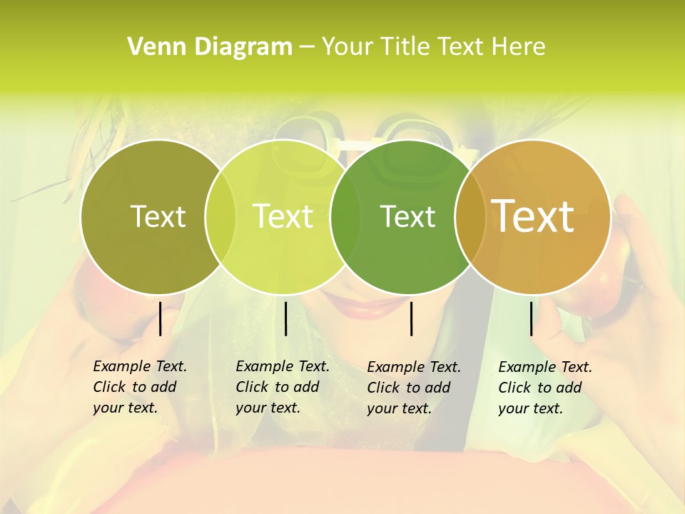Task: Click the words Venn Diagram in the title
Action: [210, 47]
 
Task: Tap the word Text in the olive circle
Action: [158, 216]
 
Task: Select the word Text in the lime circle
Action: [283, 216]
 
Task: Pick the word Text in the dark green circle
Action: [407, 216]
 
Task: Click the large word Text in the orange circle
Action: [533, 216]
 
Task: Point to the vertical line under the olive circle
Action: [160, 318]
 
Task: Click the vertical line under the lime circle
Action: [285, 318]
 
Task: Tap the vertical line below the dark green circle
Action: [411, 318]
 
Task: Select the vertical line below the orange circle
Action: [532, 318]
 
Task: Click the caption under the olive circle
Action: [139, 387]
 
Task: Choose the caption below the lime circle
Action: [282, 387]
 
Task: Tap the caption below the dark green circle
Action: [413, 388]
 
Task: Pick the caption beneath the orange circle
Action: [544, 388]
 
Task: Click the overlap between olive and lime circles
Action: [220, 217]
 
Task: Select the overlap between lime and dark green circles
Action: [345, 217]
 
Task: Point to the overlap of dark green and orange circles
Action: [467, 217]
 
